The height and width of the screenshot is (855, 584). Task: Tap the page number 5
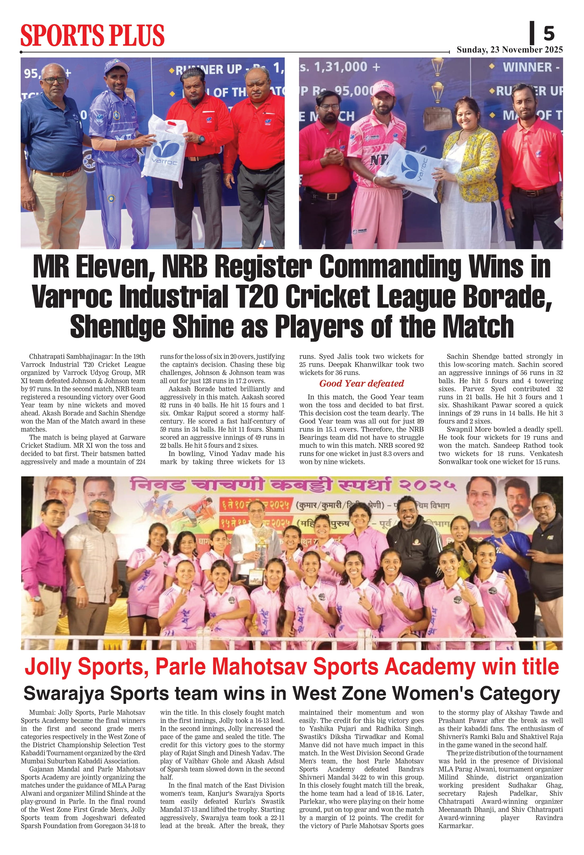pos(549,34)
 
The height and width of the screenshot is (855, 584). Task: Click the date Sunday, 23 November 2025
pos(509,50)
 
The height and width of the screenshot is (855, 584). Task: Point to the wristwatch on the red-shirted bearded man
pos(201,140)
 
